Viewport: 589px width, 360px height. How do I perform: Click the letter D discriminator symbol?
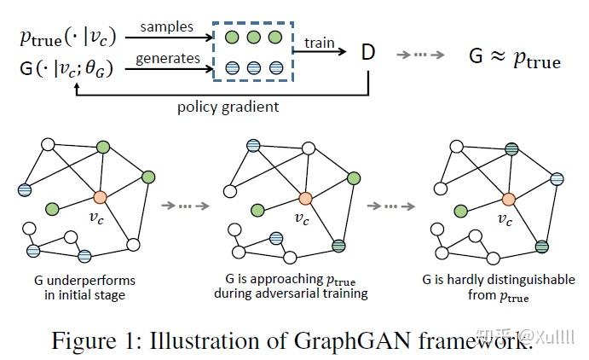point(368,53)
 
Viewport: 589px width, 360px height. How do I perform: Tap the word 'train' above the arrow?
point(320,41)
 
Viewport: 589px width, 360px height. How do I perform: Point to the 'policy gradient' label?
point(228,107)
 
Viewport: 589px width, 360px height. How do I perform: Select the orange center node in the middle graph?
point(303,200)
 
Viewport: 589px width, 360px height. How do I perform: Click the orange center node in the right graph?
point(508,200)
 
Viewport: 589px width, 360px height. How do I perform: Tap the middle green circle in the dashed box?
point(254,38)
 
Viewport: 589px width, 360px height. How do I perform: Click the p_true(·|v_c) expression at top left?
point(67,38)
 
